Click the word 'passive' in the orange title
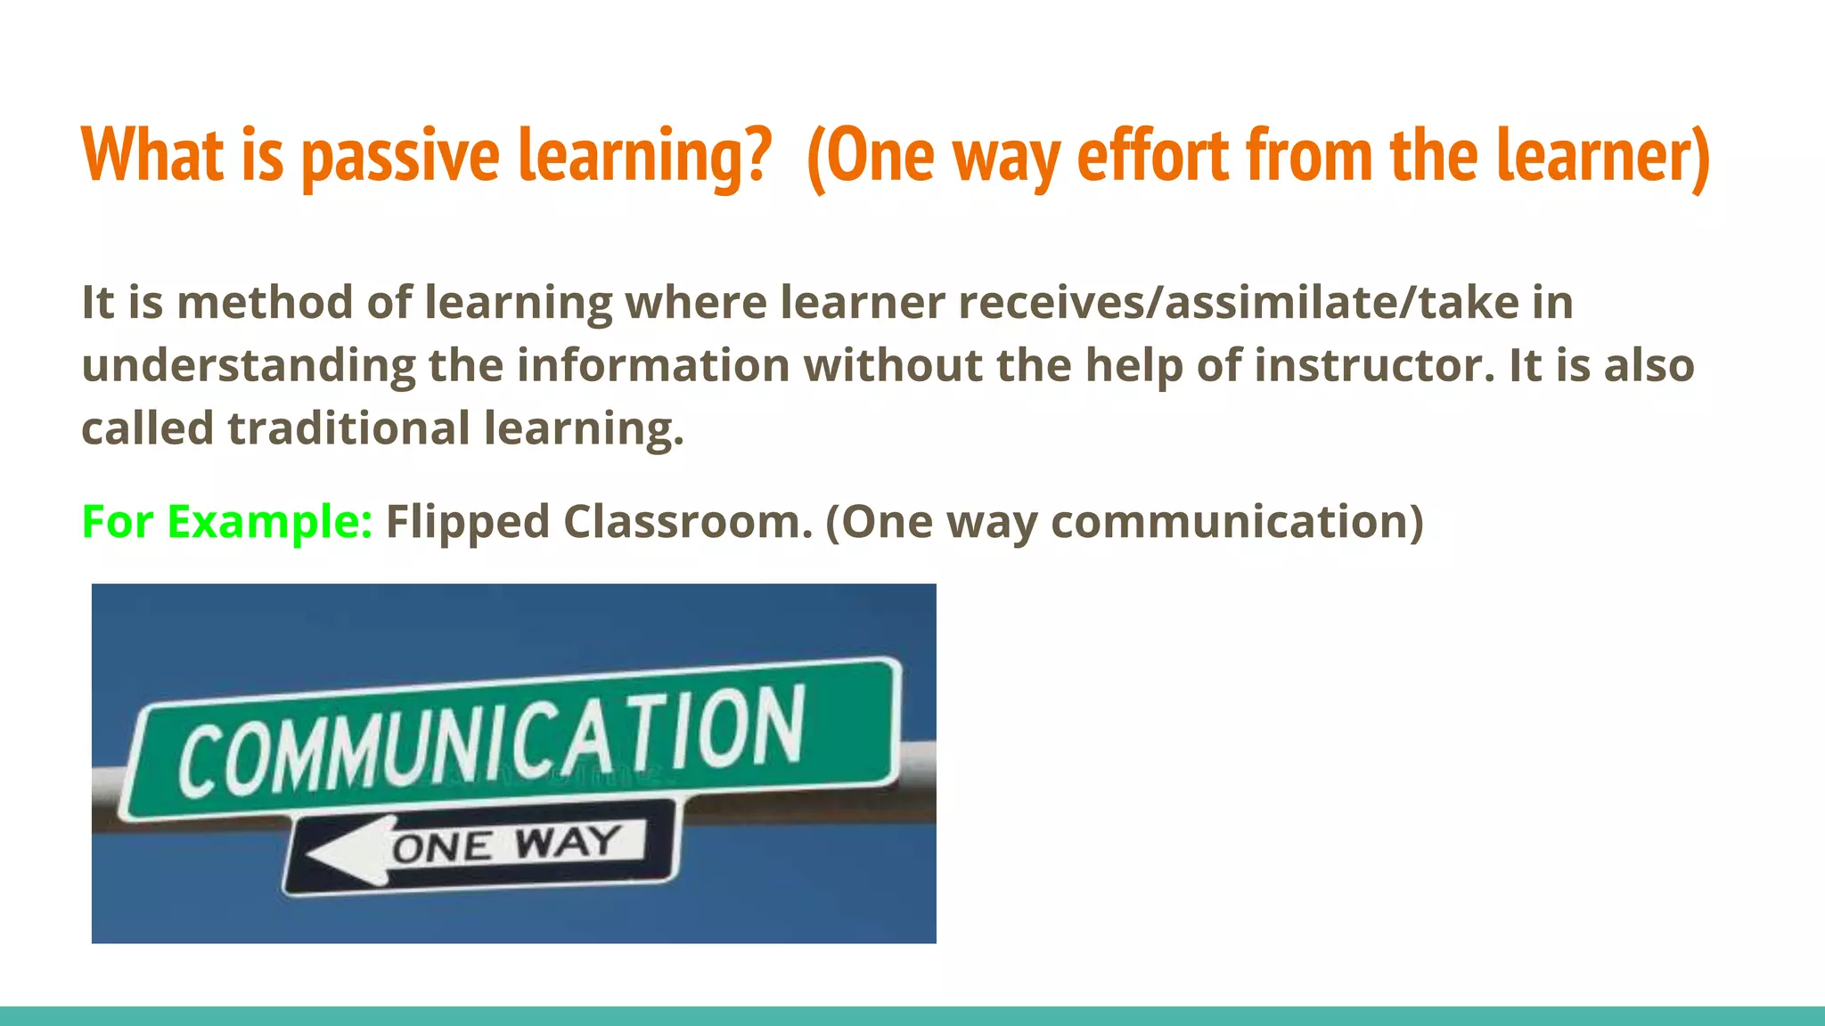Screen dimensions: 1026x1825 coord(401,156)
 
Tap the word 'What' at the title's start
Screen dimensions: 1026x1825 coord(152,156)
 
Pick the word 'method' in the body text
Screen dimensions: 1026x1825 coord(265,302)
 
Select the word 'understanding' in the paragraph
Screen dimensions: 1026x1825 coord(248,366)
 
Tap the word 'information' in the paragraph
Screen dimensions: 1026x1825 coord(653,366)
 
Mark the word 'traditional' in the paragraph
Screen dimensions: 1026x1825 coord(348,428)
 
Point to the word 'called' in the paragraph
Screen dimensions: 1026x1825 coord(147,428)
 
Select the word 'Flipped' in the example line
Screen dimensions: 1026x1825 coord(467,522)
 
